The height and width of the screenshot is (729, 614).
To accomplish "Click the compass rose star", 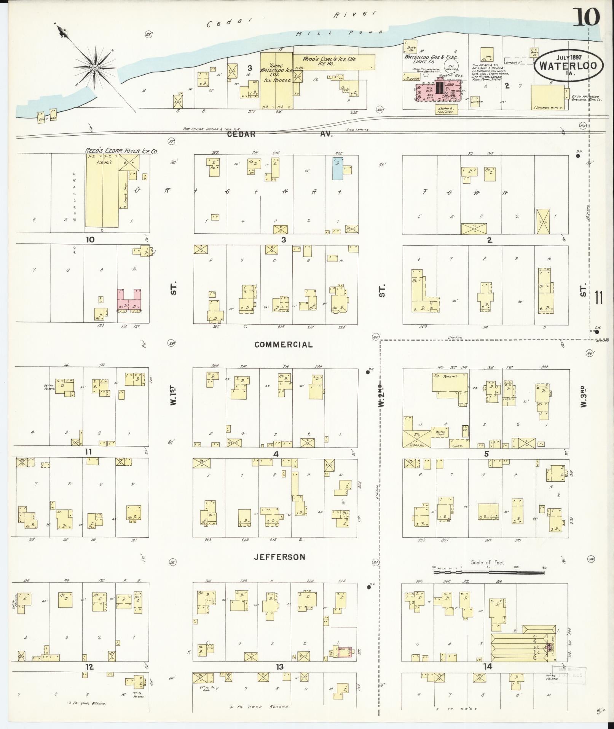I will click(x=95, y=67).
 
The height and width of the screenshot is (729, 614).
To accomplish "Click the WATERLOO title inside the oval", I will click(x=569, y=66).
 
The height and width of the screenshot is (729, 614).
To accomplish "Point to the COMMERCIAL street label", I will click(x=284, y=344).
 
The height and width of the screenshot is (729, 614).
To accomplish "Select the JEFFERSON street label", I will click(x=280, y=557).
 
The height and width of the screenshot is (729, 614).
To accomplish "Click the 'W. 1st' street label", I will click(x=174, y=396).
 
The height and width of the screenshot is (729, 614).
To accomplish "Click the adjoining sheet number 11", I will click(x=599, y=298).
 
